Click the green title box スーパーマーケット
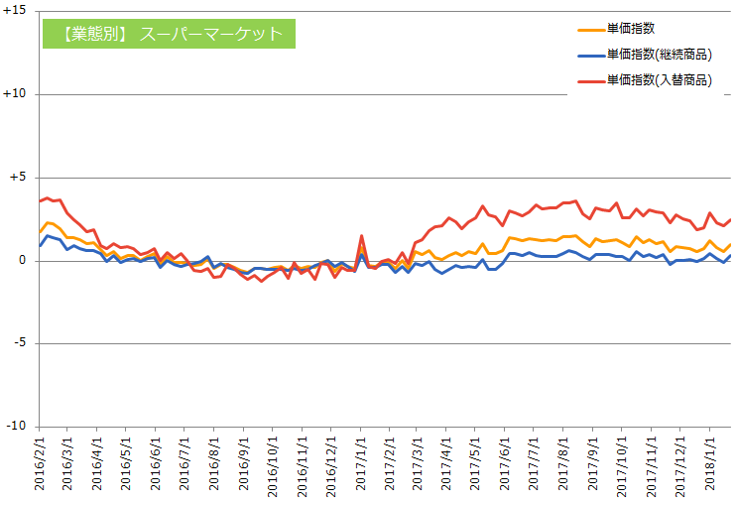(170, 33)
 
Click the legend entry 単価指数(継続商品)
(660, 55)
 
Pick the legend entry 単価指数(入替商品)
(660, 80)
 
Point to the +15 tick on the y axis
(14, 12)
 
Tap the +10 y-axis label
(14, 94)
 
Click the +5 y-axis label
(17, 178)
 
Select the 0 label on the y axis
(22, 261)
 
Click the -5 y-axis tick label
(18, 343)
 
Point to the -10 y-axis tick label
(15, 427)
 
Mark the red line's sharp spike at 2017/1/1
(361, 236)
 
